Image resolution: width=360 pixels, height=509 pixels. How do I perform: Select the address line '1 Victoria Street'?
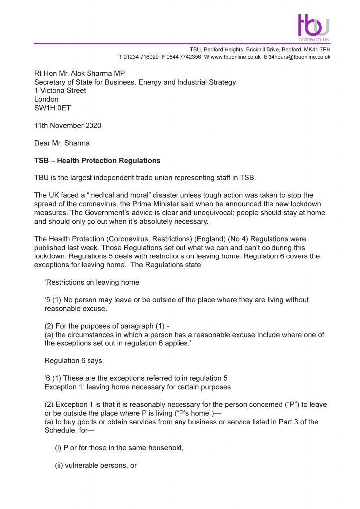pyautogui.click(x=60, y=91)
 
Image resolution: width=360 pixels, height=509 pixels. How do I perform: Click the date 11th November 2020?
pyautogui.click(x=68, y=126)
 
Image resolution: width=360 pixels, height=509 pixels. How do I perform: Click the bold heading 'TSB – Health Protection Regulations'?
pyautogui.click(x=97, y=161)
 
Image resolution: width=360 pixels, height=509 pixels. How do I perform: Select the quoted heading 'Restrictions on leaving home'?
pyautogui.click(x=92, y=282)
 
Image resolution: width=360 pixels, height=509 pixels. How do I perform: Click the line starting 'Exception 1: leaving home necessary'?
pyautogui.click(x=138, y=387)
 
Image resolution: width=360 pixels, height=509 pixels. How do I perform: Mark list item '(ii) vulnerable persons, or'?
pyautogui.click(x=95, y=465)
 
